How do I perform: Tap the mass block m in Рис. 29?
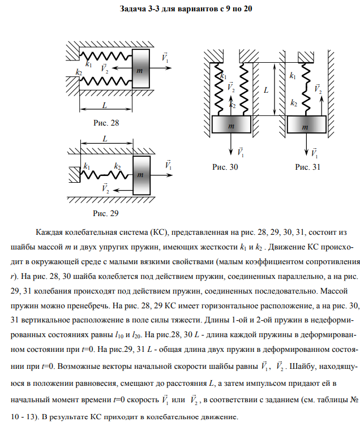141,175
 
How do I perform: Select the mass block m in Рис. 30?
232,125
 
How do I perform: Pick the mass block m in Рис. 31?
306,125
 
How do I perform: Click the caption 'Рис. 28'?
107,122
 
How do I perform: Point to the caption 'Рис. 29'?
107,213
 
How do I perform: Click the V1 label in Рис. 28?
165,58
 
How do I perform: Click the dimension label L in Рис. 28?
105,105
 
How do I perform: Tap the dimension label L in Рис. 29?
105,139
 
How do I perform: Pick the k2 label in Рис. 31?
293,103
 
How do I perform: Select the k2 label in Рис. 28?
79,72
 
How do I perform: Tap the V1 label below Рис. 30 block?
241,151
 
